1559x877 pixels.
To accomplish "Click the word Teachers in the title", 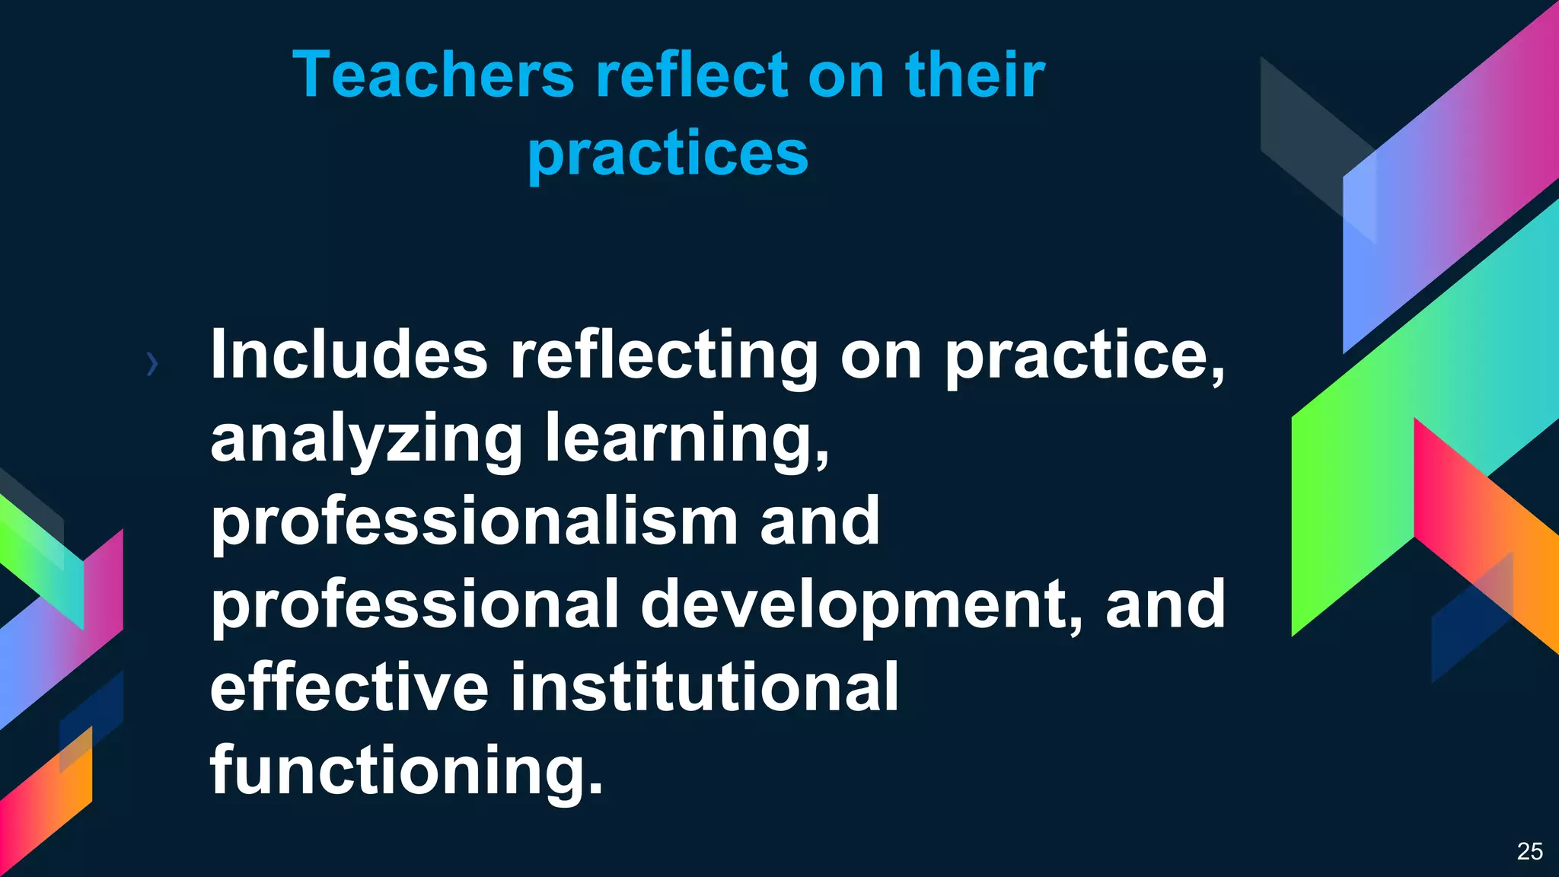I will pos(433,75).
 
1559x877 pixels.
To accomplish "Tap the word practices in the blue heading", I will pos(668,154).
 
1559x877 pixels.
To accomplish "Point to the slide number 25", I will pos(1529,851).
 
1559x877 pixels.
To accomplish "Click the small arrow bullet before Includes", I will pos(152,365).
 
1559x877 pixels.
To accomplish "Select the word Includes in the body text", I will pos(349,355).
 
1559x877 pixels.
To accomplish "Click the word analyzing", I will pos(366,439).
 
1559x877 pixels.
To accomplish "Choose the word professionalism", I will pos(473,522).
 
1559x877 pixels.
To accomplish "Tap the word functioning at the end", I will pos(406,770).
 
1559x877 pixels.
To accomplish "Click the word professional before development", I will pos(414,605).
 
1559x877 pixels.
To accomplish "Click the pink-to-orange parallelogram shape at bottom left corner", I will pos(46,807).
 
